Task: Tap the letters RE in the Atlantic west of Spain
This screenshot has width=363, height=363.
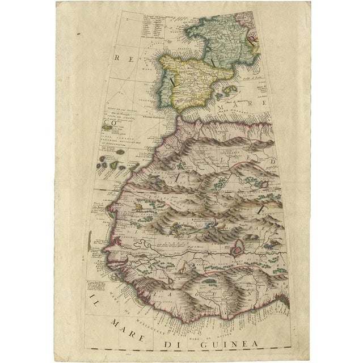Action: tap(119, 58)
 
